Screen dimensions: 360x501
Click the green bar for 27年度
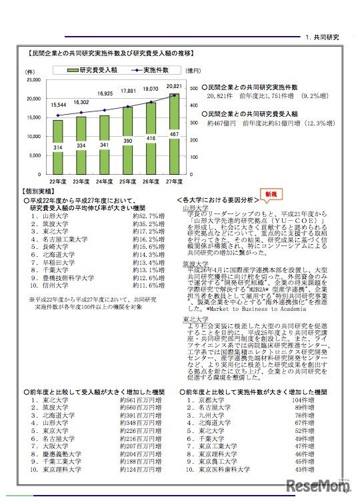[x=173, y=134]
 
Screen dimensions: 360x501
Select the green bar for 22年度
[x=58, y=147]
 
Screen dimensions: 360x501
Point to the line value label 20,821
[x=175, y=86]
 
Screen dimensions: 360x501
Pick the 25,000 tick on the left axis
[x=31, y=80]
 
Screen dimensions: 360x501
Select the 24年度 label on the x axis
[x=105, y=181]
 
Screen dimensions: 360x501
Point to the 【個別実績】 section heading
[x=39, y=191]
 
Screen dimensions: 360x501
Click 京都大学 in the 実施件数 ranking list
[x=203, y=400]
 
